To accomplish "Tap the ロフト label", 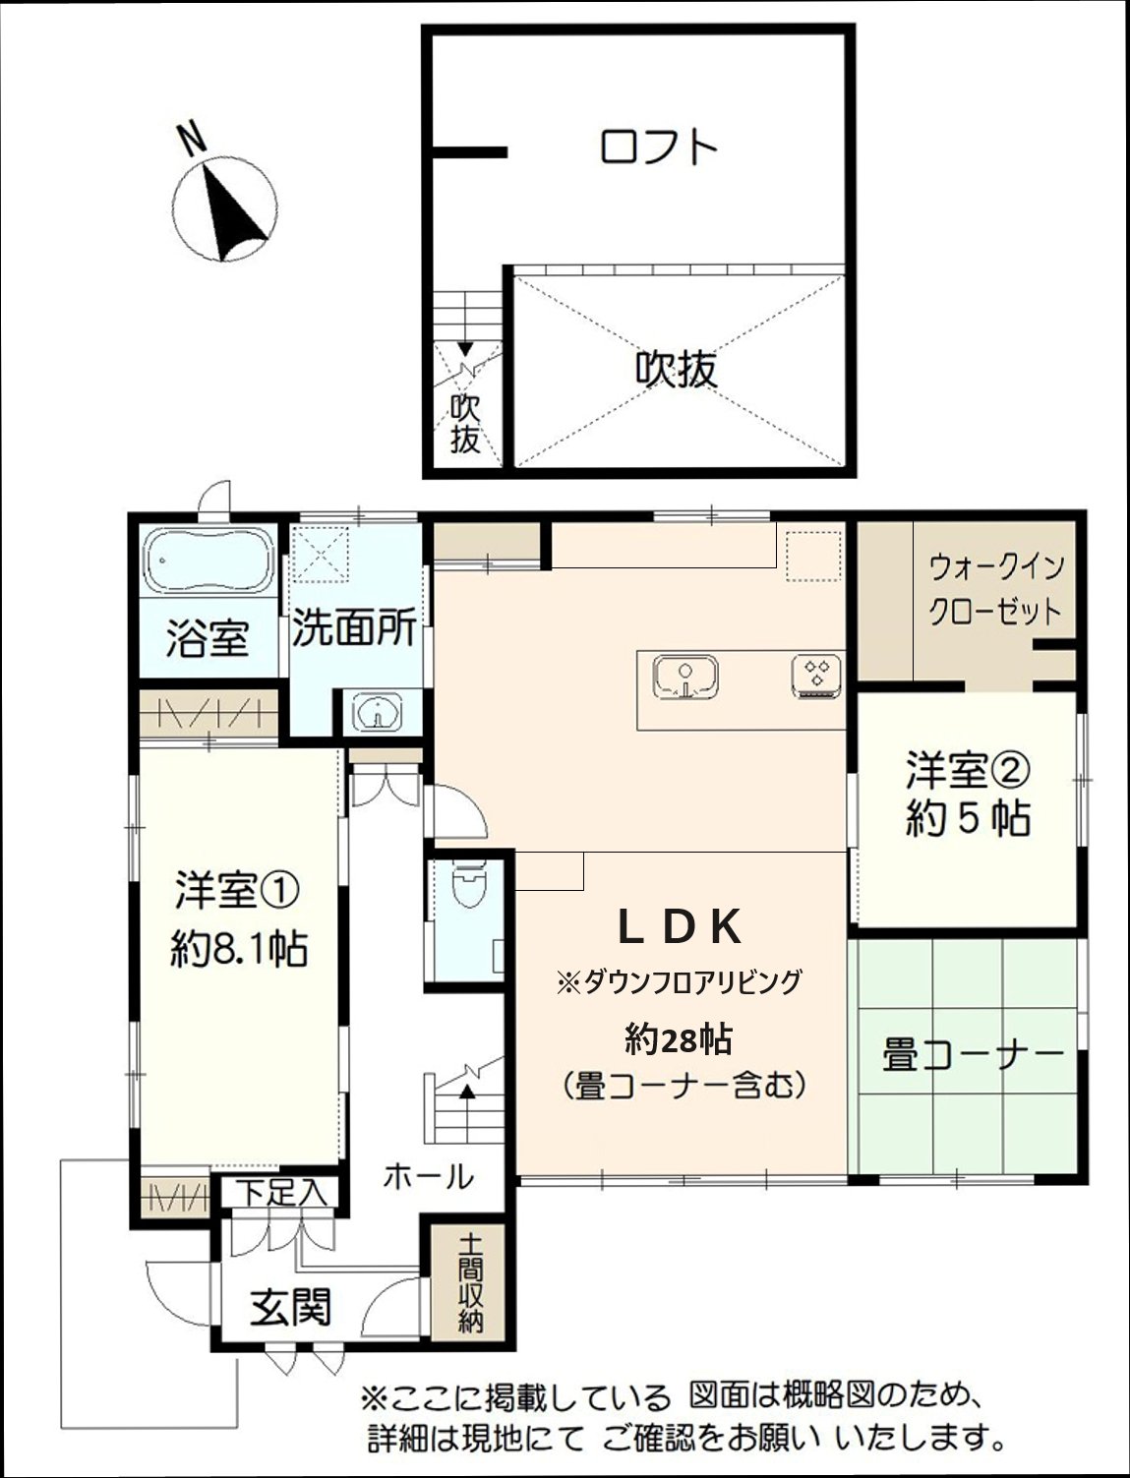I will pyautogui.click(x=659, y=148).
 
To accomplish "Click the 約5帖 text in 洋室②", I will pyautogui.click(x=967, y=818).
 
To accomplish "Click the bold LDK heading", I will pyautogui.click(x=679, y=926).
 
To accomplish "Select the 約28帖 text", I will pyautogui.click(x=682, y=1036).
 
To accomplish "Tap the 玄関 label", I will pyautogui.click(x=290, y=1309).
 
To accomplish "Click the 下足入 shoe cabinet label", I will pyautogui.click(x=280, y=1192).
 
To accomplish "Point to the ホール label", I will pyautogui.click(x=428, y=1175).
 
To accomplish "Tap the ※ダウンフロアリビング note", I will pyautogui.click(x=679, y=981).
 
